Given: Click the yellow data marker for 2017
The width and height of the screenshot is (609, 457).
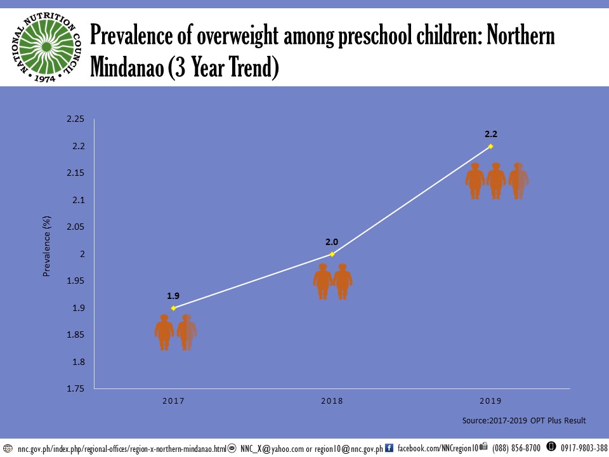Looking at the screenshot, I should [173, 308].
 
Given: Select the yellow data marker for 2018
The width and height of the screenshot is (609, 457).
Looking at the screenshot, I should [332, 254].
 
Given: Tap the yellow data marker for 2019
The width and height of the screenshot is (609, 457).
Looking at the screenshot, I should [490, 146].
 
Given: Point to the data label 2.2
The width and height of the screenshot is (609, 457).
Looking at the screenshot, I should [490, 135].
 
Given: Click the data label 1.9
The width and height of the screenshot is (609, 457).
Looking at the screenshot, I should [173, 296].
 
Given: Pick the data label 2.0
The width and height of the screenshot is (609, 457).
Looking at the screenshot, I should [332, 242].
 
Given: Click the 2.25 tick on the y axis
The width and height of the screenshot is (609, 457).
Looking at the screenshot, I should [75, 119].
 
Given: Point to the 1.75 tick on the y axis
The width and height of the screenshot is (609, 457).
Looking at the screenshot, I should [75, 389].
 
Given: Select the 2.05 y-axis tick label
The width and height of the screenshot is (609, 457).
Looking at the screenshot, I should [75, 227].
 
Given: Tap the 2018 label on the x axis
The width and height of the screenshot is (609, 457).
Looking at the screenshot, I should [332, 401].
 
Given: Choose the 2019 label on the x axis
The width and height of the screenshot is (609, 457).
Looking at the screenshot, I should [490, 401].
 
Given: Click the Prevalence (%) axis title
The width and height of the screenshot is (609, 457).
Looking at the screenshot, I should [46, 246].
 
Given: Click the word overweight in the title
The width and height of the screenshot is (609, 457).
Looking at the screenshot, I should [233, 37].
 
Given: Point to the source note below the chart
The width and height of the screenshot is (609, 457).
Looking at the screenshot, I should [524, 421].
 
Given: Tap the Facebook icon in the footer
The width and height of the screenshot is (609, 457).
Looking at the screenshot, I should [390, 448].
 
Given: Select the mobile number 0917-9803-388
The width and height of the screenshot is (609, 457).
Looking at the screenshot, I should [584, 448].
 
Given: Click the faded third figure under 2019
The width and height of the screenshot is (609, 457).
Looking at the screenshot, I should [519, 181].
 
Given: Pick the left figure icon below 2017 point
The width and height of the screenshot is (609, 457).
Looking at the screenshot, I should [164, 332].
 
